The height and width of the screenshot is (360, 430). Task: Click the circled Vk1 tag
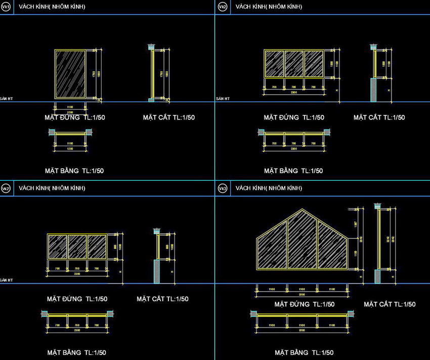point(6,7)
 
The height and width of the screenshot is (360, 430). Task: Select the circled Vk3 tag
point(222,188)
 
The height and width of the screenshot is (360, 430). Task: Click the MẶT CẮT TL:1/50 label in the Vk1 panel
point(168,117)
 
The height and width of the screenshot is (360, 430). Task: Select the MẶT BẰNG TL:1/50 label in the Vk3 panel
point(304,352)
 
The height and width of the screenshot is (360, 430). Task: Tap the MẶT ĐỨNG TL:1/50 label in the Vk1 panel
point(75,117)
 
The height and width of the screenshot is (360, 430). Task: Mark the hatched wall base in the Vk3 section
point(377,276)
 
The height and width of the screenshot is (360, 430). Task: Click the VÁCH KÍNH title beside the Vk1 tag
point(52,7)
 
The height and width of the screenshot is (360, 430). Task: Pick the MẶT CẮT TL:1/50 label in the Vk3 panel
point(390,304)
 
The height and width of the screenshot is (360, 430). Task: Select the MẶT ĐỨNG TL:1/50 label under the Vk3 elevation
point(304,304)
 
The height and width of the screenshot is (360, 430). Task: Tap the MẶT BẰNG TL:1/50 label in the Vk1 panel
point(75,171)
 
